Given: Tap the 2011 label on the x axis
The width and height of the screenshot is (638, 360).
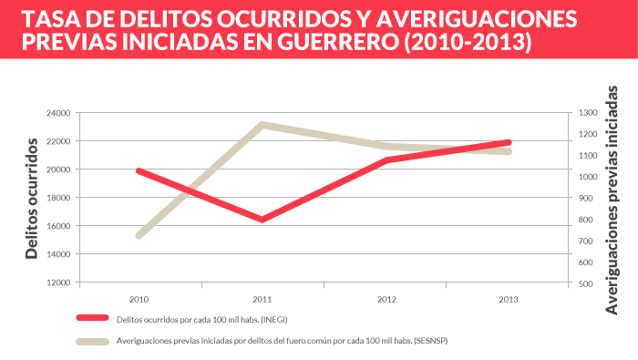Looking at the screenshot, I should point(262,299).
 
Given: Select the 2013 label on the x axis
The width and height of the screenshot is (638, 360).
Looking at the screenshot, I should point(509,299).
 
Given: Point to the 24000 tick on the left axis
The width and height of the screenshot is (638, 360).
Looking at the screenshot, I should point(57,113).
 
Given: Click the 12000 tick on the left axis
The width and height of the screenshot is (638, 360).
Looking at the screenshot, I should point(57,283).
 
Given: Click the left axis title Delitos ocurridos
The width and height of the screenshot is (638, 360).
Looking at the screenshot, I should point(32,198).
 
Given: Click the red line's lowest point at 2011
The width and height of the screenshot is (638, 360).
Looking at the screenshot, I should point(262,220).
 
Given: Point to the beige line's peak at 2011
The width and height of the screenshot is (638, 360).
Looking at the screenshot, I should point(262,125).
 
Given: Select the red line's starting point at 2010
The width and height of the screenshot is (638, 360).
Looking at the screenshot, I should point(139,170).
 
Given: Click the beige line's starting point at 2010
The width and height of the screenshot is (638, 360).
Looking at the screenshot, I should point(139,235).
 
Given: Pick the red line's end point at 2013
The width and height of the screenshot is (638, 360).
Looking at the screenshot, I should point(509,142).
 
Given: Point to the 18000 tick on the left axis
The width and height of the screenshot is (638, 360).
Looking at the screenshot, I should point(57,198).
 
